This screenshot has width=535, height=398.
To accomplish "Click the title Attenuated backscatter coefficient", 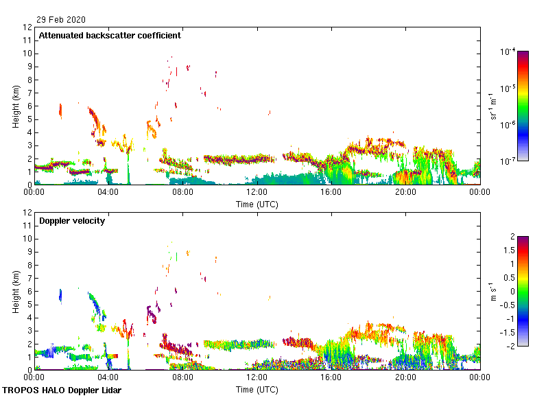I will pos(110,35).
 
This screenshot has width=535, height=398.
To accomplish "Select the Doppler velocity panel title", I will pos(71,221).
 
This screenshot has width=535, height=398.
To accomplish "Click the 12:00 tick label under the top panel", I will pos(257,192).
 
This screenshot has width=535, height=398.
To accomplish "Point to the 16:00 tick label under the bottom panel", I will pos(331,377).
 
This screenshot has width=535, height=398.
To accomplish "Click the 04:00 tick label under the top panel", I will pos(108,192).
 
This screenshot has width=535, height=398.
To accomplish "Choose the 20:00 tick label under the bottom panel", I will pos(405,377).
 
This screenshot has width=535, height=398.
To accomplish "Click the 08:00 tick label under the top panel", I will pos(183,192).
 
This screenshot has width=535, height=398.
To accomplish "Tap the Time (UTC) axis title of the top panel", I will pos(257,204).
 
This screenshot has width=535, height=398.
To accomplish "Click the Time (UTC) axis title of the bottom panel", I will pos(257,389).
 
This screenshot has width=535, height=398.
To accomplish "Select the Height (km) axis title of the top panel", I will pos(15,106).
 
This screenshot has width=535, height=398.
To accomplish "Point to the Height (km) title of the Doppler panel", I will pos(15,291).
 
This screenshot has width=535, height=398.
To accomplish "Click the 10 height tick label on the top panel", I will pos(27,54).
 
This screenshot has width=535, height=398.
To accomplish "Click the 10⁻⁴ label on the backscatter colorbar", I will pos(509,51).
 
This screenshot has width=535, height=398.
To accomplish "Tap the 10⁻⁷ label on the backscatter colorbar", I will pos(509,161).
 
